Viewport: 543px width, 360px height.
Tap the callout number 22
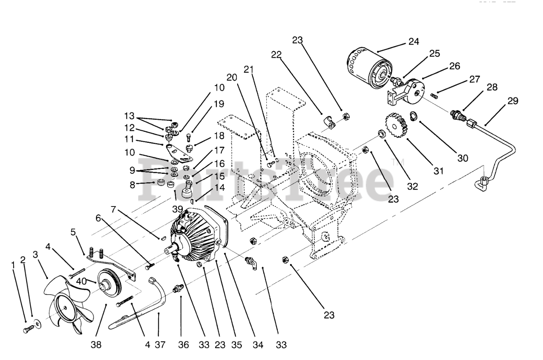[x=277, y=55]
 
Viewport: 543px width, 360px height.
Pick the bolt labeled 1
[x=28, y=329]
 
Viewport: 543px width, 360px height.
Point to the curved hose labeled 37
[x=157, y=297]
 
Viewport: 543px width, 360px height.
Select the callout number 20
[x=231, y=78]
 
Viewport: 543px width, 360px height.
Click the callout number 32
[x=400, y=186]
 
